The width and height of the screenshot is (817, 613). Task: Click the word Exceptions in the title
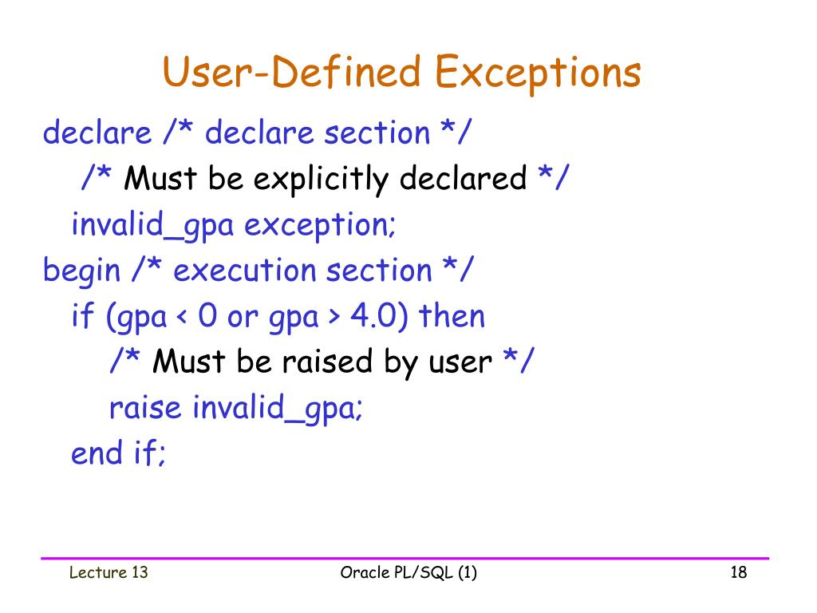click(x=539, y=73)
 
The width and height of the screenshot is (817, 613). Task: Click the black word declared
click(x=463, y=179)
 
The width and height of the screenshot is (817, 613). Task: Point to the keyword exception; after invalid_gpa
click(x=320, y=225)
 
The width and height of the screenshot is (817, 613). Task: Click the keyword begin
click(x=81, y=271)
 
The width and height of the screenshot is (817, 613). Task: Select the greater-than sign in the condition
click(x=334, y=317)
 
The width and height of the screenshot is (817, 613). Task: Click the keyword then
click(x=452, y=316)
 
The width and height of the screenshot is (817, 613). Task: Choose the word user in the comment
click(x=460, y=364)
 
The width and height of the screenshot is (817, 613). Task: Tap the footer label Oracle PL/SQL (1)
click(x=408, y=572)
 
